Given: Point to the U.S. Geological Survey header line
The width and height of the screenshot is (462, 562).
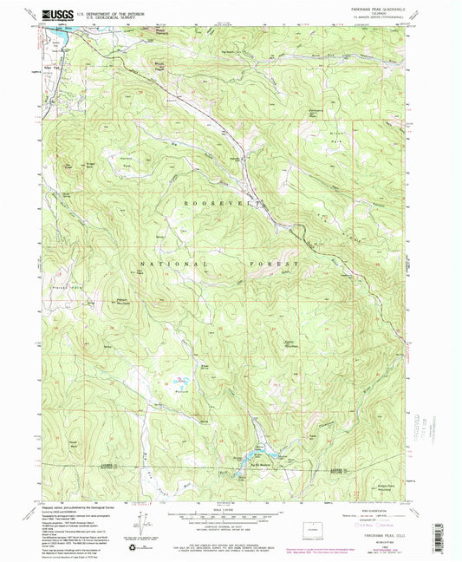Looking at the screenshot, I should tap(101, 17).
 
